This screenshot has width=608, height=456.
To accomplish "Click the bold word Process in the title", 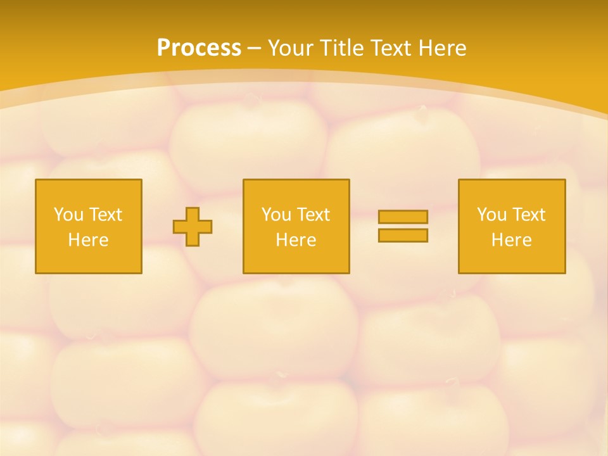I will click(199, 48).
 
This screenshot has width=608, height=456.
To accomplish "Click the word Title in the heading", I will click(344, 48).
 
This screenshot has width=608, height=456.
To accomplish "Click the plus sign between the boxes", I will click(193, 227).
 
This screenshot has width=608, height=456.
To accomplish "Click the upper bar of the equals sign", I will click(403, 217).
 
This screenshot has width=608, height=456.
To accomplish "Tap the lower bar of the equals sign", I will click(403, 235).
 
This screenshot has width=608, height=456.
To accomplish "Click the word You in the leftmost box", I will click(68, 215).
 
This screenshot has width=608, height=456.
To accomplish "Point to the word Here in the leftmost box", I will click(88, 240).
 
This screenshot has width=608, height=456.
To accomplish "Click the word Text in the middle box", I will click(313, 215).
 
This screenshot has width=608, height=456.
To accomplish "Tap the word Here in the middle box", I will click(296, 240).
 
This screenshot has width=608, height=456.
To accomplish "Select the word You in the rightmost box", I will click(491, 215).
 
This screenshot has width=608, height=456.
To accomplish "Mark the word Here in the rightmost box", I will click(511, 240).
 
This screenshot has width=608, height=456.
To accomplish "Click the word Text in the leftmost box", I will click(105, 215).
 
